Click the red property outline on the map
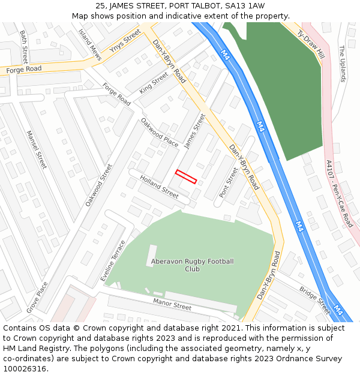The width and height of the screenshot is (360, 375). [186, 176]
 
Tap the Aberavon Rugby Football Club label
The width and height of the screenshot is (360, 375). [192, 265]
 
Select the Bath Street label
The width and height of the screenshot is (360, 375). [24, 47]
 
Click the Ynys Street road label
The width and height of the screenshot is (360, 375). [124, 41]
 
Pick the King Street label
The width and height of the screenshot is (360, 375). [154, 82]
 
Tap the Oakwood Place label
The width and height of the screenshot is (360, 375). [160, 132]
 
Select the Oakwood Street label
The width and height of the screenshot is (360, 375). [99, 185]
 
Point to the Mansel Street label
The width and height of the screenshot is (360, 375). [36, 149]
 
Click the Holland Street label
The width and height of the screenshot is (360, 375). [160, 187]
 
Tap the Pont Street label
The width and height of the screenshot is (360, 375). [229, 182]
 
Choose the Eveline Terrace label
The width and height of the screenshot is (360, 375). [113, 261]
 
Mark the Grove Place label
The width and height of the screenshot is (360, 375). [37, 297]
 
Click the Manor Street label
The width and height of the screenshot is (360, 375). [172, 304]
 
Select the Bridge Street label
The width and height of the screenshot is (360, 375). [315, 301]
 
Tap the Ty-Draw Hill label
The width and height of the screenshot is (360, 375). [311, 43]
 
